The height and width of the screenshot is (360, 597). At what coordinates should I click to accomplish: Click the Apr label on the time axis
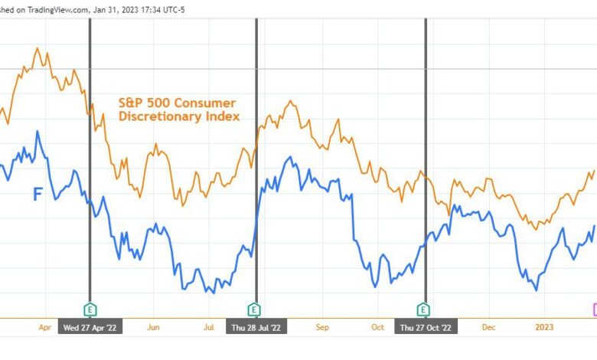[x=44, y=327]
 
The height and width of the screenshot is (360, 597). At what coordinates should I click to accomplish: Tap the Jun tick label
[x=153, y=327]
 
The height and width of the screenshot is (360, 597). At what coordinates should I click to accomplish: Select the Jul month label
[x=208, y=327]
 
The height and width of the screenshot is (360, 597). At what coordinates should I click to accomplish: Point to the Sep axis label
[x=321, y=327]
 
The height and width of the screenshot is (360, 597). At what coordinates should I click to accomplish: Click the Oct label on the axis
[x=377, y=327]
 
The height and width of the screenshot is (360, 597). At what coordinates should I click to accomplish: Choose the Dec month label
[x=488, y=327]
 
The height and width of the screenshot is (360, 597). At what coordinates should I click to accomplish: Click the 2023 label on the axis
[x=543, y=327]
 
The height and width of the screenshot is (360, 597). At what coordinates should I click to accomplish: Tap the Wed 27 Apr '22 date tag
[x=90, y=327]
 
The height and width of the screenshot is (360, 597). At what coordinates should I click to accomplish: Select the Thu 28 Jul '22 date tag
[x=256, y=327]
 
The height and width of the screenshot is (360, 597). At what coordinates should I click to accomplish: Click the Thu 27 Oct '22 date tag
[x=426, y=327]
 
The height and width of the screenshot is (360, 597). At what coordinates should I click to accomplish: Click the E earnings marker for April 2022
[x=90, y=309]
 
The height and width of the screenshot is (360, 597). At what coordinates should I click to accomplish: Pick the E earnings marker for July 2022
[x=254, y=309]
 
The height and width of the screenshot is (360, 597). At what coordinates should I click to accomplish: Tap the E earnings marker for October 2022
[x=423, y=309]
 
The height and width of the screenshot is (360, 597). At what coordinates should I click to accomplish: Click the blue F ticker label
[x=38, y=195]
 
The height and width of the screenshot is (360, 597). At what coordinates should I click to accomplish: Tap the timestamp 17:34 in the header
[x=145, y=8]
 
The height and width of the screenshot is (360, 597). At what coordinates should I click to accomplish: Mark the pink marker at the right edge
[x=594, y=309]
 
